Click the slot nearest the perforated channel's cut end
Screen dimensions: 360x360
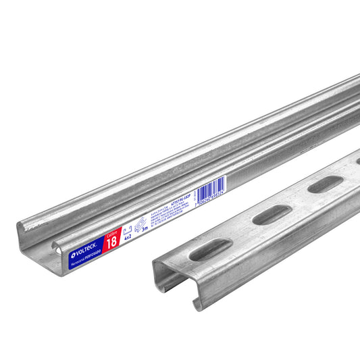210,250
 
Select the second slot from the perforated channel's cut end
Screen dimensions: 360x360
272,214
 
